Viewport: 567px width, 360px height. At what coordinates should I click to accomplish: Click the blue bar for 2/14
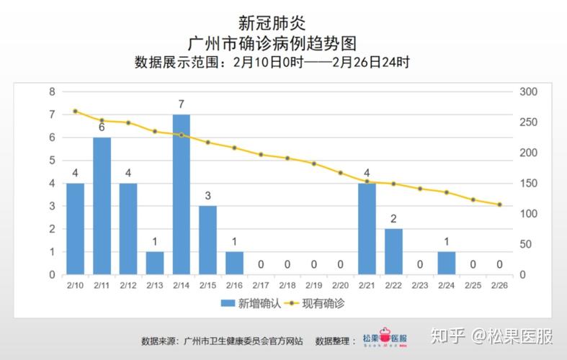pyautogui.click(x=182, y=194)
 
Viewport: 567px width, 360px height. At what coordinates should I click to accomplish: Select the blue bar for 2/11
pyautogui.click(x=102, y=206)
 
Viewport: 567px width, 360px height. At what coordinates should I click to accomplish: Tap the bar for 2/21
pyautogui.click(x=367, y=229)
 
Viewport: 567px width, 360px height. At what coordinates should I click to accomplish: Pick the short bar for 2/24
pyautogui.click(x=447, y=263)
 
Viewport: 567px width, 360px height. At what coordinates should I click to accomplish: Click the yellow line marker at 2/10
pyautogui.click(x=75, y=111)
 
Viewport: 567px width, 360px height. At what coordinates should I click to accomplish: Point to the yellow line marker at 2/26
pyautogui.click(x=500, y=204)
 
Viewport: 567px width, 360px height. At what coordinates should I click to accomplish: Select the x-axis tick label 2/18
pyautogui.click(x=287, y=286)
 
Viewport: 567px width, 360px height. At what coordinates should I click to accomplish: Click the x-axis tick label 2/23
pyautogui.click(x=420, y=286)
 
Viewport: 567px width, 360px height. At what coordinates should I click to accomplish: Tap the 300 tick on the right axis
pyautogui.click(x=527, y=91)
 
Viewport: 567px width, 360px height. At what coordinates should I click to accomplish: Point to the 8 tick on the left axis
pyautogui.click(x=52, y=91)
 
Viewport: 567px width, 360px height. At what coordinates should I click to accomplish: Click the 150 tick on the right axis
pyautogui.click(x=527, y=184)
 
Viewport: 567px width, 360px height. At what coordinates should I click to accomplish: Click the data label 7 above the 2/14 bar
pyautogui.click(x=182, y=104)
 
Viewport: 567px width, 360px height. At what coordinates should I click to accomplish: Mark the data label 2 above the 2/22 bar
pyautogui.click(x=393, y=219)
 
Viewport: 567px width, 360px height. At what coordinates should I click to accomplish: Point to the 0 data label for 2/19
pyautogui.click(x=314, y=264)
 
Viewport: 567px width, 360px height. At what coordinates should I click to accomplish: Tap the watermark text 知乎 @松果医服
pyautogui.click(x=492, y=336)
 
